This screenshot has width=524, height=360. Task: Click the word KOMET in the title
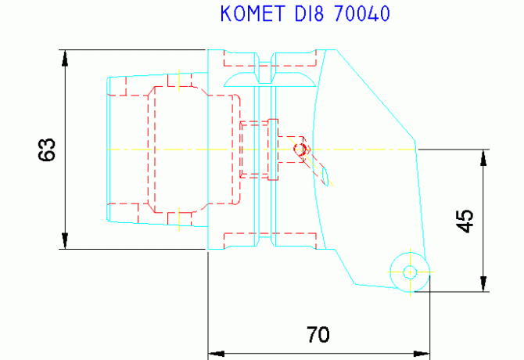(x=253, y=14)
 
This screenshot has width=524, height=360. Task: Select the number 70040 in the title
(x=362, y=14)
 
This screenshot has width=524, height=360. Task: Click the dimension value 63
(x=47, y=149)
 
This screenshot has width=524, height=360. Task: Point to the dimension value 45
(x=465, y=221)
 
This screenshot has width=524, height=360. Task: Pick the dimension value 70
(x=318, y=335)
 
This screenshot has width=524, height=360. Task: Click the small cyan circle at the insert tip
(x=410, y=272)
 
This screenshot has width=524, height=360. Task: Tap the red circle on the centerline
(x=300, y=149)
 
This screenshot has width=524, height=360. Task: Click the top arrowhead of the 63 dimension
(x=65, y=58)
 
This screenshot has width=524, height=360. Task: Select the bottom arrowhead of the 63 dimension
(x=65, y=241)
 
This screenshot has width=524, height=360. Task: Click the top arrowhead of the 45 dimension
(x=483, y=158)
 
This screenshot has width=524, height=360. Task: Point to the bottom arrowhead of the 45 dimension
(x=483, y=283)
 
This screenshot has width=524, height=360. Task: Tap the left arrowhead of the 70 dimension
(x=216, y=354)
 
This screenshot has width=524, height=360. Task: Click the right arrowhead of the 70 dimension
(x=422, y=354)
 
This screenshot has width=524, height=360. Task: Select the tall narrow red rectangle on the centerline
(x=273, y=149)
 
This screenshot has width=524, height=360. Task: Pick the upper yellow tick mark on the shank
(x=179, y=81)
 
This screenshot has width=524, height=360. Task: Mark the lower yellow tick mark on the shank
(x=179, y=220)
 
